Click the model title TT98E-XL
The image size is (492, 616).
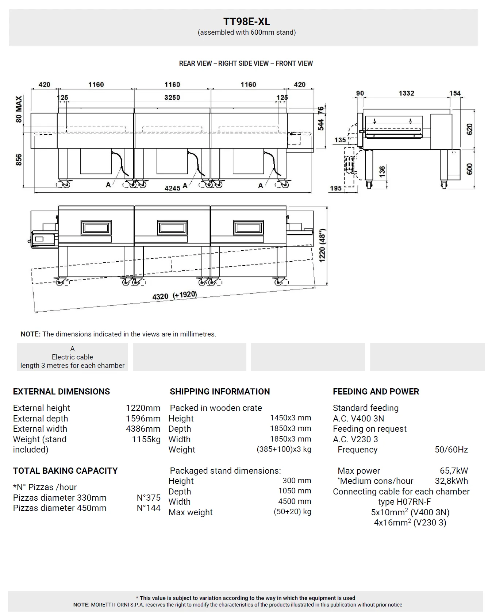247,22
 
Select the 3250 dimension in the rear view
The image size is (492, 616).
172,97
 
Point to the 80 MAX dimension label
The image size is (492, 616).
19,109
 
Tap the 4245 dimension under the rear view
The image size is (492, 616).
172,188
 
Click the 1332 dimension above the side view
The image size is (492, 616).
406,93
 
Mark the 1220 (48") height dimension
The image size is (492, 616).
322,245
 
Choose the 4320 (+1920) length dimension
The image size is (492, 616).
174,296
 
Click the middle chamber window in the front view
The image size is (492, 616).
172,228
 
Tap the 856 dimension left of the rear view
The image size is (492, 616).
19,160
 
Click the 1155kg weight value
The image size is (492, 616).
146,439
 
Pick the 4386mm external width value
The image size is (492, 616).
143,429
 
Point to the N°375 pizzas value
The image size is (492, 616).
149,498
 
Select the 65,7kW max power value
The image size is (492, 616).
454,471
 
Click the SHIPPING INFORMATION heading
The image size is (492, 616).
220,392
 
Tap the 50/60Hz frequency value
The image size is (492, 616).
451,450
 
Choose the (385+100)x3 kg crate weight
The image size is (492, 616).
284,449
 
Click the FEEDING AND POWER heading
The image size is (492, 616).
376,392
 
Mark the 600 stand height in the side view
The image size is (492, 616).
470,169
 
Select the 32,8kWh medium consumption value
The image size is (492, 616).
451,481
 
